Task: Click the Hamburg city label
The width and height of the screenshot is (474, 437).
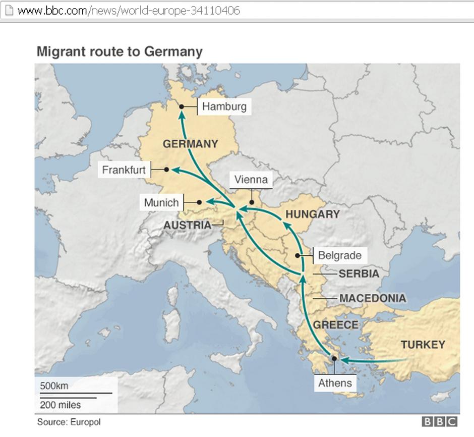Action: point(224,106)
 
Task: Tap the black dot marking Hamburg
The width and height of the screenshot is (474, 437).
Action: point(182,106)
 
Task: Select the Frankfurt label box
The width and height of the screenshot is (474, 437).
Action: point(124,170)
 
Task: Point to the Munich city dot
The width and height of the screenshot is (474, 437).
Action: point(199,202)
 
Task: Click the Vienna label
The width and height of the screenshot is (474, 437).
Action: point(251,180)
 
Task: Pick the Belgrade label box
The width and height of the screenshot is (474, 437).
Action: point(339,255)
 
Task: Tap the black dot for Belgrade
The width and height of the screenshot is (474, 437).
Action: point(298,256)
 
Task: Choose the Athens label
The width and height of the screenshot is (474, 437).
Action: point(335,383)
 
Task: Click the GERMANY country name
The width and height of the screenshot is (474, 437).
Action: point(190,144)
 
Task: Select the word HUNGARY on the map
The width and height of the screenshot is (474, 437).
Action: point(313,214)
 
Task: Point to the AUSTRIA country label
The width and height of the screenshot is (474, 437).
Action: point(187,225)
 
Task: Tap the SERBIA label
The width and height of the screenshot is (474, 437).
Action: point(359,274)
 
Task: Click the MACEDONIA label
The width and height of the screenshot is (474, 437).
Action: point(373,298)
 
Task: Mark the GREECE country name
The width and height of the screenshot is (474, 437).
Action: point(335,325)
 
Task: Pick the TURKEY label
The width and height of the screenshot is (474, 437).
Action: point(423,345)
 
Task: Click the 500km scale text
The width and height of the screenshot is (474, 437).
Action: point(54,386)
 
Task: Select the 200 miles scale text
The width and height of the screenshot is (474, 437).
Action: point(60,404)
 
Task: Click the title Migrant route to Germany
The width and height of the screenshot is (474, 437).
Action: point(120,51)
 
